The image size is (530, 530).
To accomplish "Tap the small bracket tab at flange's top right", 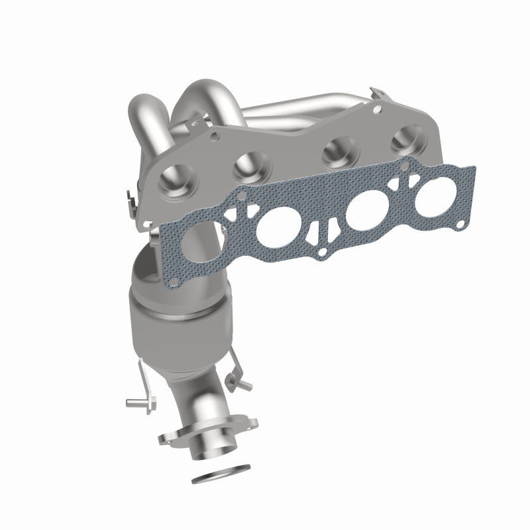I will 379,93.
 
